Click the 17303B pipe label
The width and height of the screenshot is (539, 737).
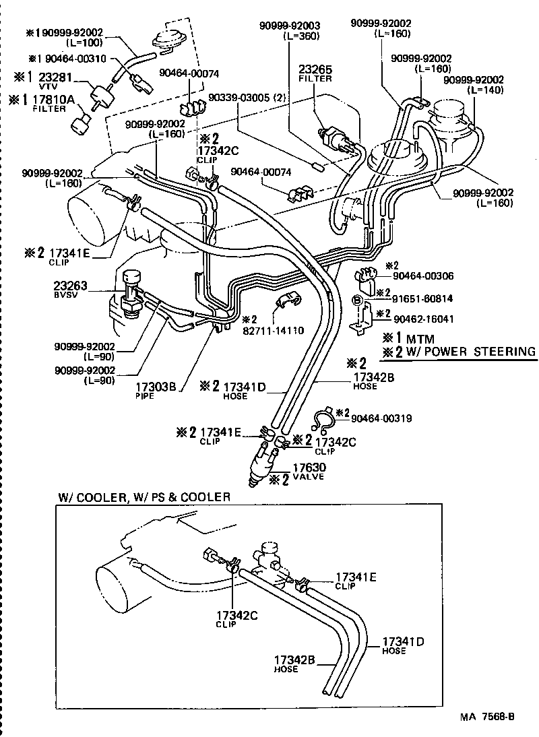click(156, 387)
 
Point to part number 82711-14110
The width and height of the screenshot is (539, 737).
click(265, 331)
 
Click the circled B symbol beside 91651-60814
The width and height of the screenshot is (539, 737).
click(358, 300)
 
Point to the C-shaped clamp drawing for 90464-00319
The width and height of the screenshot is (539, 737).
click(324, 420)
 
